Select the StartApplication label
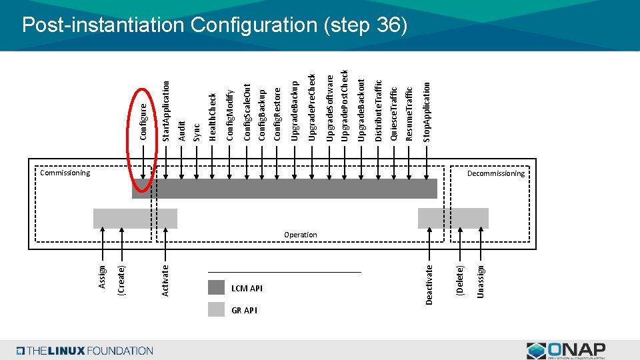[x=167, y=111]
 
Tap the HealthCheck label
[x=213, y=117]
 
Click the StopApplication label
[x=427, y=111]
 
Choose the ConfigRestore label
[x=277, y=113]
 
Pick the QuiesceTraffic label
[x=393, y=113]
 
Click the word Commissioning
[x=65, y=173]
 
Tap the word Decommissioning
[x=495, y=173]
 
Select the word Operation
[x=300, y=235]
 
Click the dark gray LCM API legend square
[x=216, y=287]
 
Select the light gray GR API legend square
[x=216, y=309]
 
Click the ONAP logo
[x=566, y=350]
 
